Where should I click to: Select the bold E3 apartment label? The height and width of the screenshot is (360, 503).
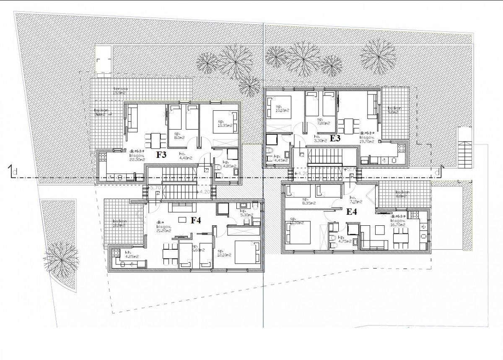pos(335,138)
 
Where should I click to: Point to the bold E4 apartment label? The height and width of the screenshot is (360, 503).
pos(352,212)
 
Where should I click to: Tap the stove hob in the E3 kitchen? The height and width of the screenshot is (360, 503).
pos(400,148)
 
